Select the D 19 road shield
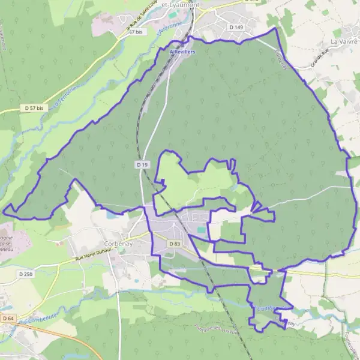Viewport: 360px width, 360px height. tap(142, 164)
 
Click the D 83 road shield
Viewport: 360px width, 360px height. tap(175, 244)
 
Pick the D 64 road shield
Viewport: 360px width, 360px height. tap(8, 318)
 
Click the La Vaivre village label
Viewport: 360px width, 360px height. tap(344, 41)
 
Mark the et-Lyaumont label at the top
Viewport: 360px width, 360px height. tap(181, 4)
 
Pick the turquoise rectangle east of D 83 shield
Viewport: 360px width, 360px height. tap(201, 229)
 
